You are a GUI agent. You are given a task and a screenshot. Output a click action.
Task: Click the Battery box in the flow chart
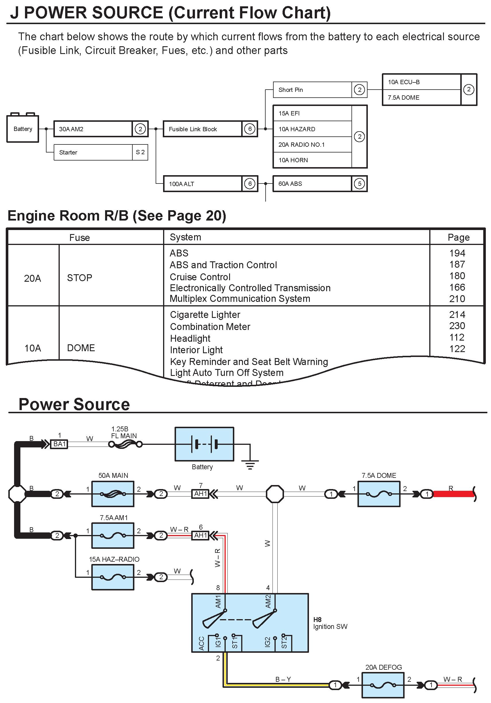pyautogui.click(x=23, y=129)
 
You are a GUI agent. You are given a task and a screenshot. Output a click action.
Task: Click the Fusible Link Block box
pyautogui.click(x=202, y=129)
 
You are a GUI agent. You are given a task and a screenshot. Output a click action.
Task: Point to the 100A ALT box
pyautogui.click(x=202, y=184)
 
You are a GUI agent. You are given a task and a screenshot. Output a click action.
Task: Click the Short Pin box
pyautogui.click(x=312, y=90)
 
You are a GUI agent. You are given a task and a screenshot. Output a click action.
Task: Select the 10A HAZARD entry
pyautogui.click(x=312, y=129)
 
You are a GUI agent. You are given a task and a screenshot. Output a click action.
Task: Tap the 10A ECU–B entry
pyautogui.click(x=421, y=82)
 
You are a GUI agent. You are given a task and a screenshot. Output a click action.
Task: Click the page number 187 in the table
pyautogui.click(x=457, y=264)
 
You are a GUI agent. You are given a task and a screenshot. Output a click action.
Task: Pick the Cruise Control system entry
pyautogui.click(x=200, y=277)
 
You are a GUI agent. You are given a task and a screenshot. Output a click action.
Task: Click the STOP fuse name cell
pyautogui.click(x=80, y=278)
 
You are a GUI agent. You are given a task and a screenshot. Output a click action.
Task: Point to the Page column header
pyautogui.click(x=458, y=237)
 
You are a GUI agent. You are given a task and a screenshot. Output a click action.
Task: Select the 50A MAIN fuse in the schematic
pyautogui.click(x=113, y=494)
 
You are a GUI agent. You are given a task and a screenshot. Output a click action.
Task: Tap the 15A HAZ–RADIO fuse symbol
pyautogui.click(x=113, y=577)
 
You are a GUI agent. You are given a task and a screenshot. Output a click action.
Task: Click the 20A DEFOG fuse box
pyautogui.click(x=383, y=685)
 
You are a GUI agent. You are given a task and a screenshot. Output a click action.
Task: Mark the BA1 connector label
pyautogui.click(x=59, y=444)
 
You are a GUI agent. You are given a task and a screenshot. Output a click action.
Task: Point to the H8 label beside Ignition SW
pyautogui.click(x=317, y=619)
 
